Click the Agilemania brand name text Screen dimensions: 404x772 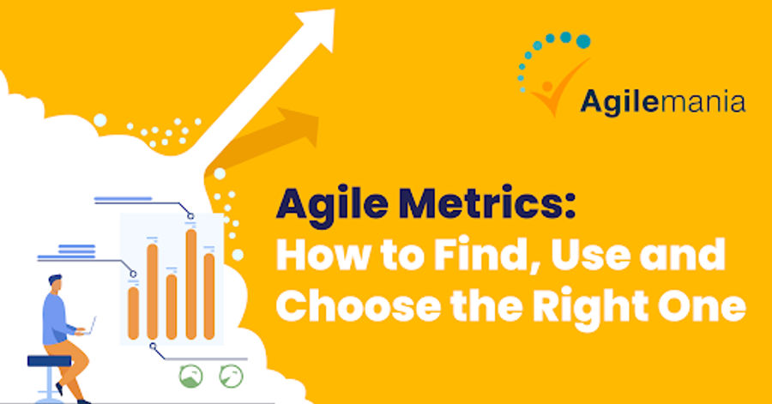point(662,101)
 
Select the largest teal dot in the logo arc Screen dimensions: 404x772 point(582,40)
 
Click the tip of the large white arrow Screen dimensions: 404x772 point(329,15)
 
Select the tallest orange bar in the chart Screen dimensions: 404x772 point(190,283)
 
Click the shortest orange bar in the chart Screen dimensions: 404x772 point(133,312)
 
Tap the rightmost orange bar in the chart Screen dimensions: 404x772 point(209,295)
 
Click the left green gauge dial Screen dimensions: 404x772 point(190,375)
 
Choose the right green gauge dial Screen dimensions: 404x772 point(230,375)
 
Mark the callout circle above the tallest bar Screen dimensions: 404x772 point(191,216)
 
